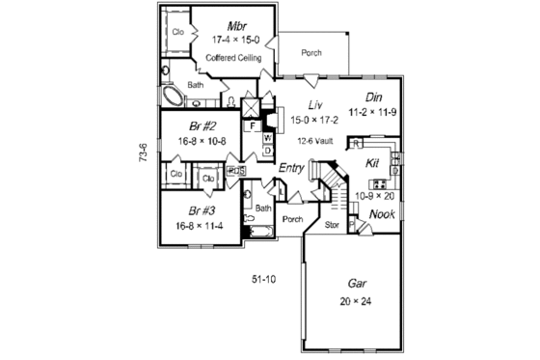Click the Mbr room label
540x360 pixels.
235,24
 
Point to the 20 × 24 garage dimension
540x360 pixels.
355,300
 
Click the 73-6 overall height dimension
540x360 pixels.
143,152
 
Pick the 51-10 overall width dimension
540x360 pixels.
264,280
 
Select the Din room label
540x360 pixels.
376,97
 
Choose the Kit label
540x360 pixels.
372,163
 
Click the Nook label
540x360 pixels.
382,213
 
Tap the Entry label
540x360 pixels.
292,169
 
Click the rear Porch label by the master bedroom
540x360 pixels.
310,53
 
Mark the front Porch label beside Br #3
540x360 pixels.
293,219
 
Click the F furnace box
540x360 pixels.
252,125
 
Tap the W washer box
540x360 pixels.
267,138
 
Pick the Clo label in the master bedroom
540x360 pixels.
177,32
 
